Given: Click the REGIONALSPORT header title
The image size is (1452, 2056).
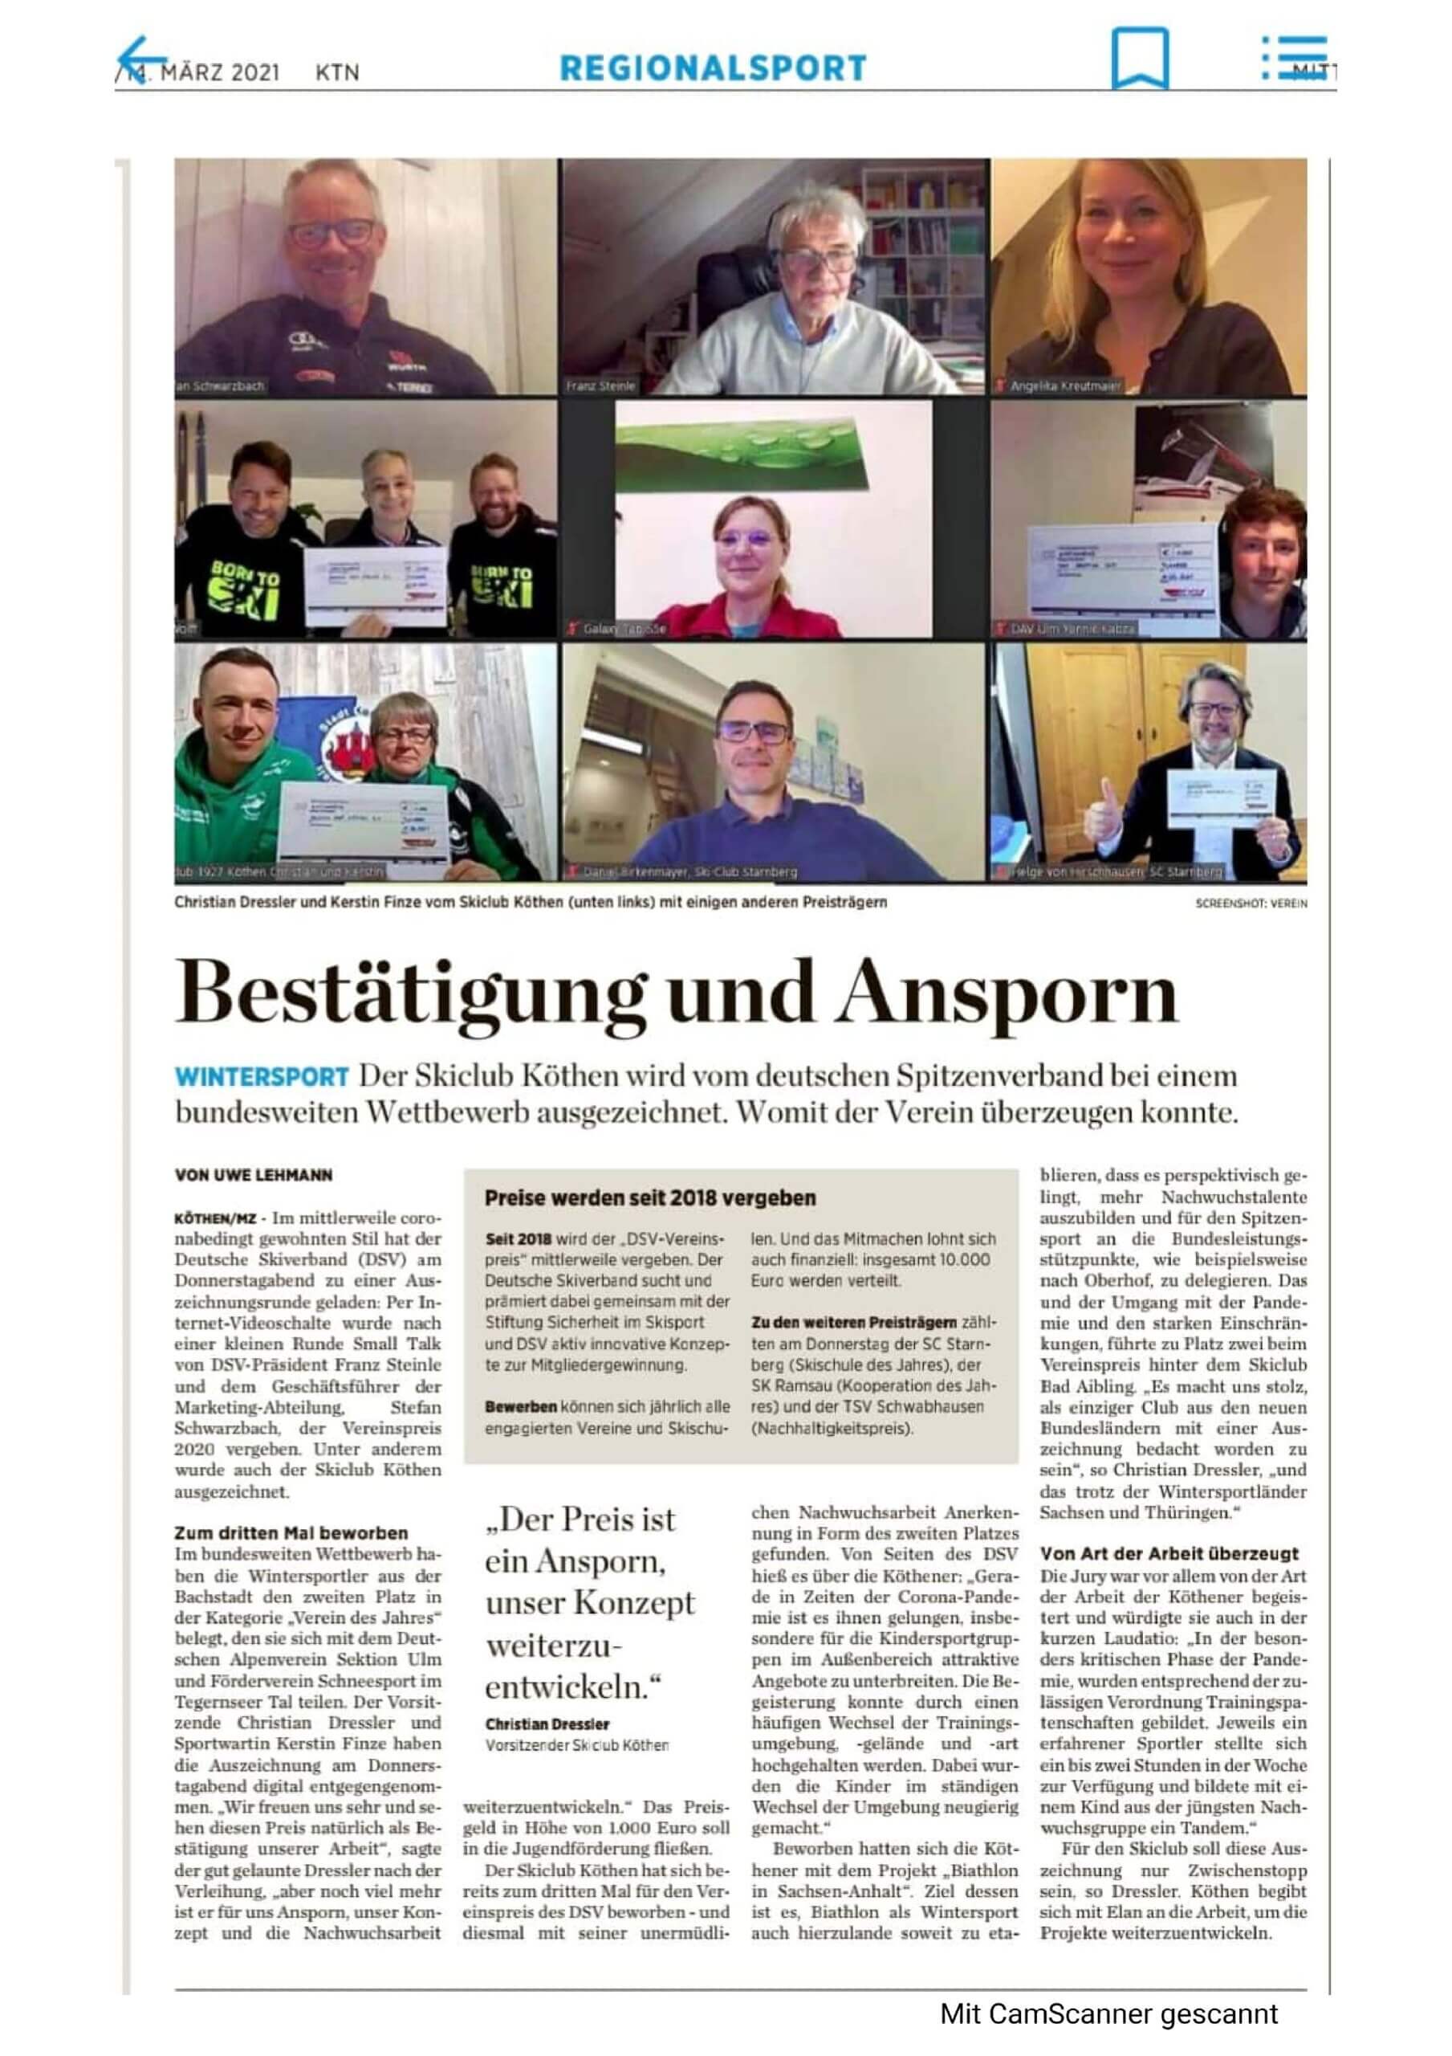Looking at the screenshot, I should (x=713, y=68).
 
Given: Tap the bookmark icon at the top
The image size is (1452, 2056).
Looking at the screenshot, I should (x=1139, y=57).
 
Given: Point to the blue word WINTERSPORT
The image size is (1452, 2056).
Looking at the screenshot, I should (x=262, y=1075).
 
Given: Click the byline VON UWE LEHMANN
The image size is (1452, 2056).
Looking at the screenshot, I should (x=254, y=1175).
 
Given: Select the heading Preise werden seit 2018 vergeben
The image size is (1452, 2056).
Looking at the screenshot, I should (x=650, y=1197).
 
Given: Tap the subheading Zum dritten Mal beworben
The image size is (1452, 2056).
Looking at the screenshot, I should (x=291, y=1532).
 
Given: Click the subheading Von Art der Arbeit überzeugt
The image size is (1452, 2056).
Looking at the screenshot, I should (x=1168, y=1553).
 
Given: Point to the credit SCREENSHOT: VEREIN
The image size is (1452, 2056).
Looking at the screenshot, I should (x=1251, y=904).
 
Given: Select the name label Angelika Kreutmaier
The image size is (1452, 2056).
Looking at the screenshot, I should (x=1064, y=387).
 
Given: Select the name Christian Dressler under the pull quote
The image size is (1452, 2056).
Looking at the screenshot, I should (x=547, y=1724).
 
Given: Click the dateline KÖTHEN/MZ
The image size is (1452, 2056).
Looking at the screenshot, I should (x=215, y=1218).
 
